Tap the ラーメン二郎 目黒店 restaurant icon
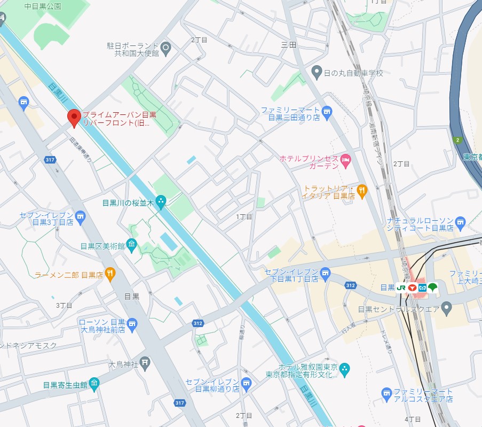coord(110,275)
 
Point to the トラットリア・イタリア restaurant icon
coord(362,191)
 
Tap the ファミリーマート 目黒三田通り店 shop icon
coord(327,112)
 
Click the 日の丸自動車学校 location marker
coord(317,72)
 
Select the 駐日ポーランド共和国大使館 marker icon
coord(165,49)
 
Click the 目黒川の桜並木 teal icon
coord(161,201)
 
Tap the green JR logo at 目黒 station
coord(401,288)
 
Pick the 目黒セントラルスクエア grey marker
coord(447,308)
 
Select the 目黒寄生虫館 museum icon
coord(94,383)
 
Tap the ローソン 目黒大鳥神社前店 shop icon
coord(132,324)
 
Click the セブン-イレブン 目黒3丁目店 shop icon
coord(80,216)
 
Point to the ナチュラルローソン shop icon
coord(461,221)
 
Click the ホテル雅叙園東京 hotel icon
coord(345,368)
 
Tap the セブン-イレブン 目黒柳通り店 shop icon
coord(246,383)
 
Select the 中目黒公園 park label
coord(43,6)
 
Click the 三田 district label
coord(288,45)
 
